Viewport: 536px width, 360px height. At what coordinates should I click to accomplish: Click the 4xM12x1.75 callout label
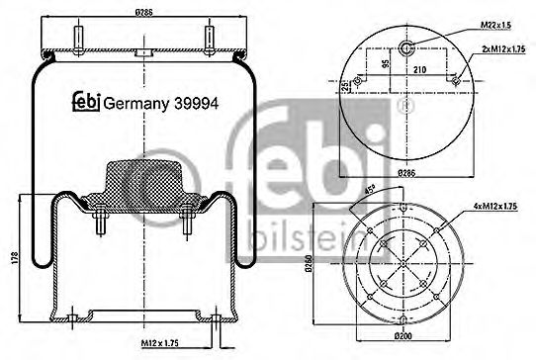pyautogui.click(x=494, y=205)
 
